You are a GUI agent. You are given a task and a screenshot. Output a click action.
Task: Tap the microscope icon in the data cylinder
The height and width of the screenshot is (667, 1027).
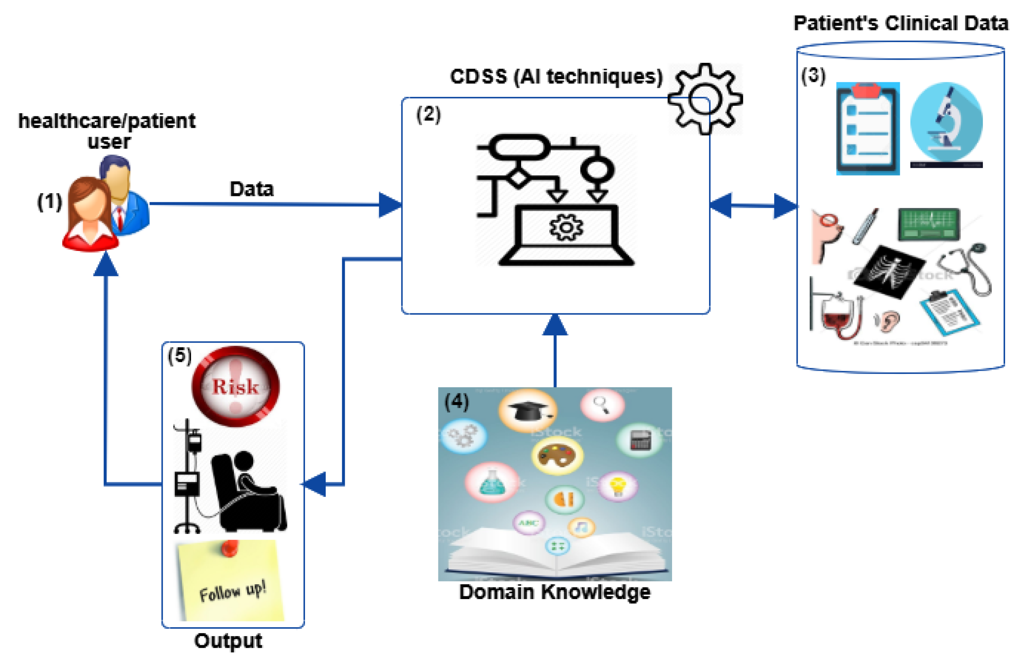(946, 123)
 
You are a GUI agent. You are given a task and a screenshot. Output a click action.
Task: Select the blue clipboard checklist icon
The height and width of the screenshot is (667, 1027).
(867, 129)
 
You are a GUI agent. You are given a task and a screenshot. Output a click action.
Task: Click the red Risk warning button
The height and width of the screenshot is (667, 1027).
(235, 386)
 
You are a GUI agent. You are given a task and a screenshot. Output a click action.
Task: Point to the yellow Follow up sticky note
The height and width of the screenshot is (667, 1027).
(231, 581)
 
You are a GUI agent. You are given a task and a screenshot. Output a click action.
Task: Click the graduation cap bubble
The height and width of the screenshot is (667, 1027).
(527, 410)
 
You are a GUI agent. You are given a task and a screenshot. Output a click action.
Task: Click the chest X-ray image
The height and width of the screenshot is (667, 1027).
(889, 271)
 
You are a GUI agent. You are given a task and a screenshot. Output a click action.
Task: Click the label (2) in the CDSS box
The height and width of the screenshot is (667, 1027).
(428, 114)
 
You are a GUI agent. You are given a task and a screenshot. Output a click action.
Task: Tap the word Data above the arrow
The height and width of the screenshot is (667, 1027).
(252, 189)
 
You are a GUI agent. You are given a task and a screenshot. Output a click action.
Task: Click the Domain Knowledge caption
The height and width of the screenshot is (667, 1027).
(555, 592)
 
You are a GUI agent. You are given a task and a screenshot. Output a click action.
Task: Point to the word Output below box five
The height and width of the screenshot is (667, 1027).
(228, 641)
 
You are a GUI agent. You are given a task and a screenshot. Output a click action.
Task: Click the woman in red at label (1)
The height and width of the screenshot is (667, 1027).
(90, 216)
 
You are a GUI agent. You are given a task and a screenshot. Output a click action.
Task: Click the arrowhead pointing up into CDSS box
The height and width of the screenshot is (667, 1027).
(555, 325)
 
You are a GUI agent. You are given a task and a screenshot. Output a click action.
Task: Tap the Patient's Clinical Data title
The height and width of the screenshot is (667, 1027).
(901, 23)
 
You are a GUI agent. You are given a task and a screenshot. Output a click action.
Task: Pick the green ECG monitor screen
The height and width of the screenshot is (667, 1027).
(929, 224)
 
